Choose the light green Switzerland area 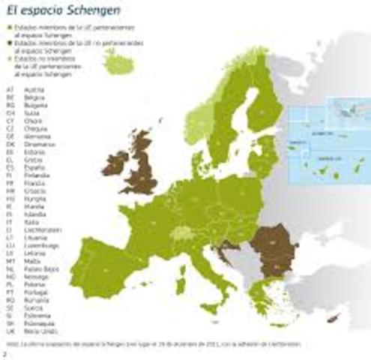point(182,233)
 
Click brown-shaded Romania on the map point(268,244)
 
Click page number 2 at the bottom point(4,352)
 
